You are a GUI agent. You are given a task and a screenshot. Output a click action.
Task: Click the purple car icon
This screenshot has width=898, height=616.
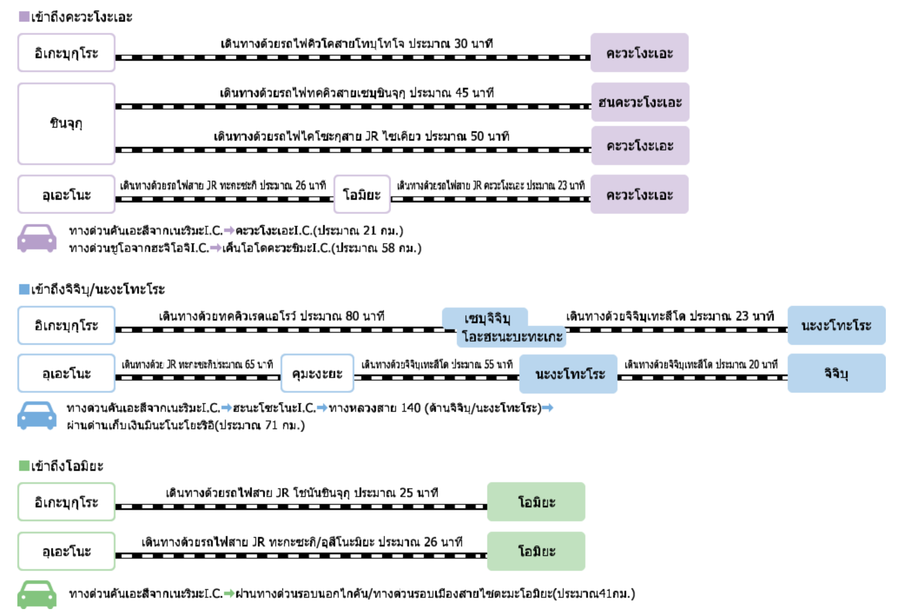pos(37,238)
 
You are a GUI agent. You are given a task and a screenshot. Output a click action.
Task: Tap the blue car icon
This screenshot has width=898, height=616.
pos(37,415)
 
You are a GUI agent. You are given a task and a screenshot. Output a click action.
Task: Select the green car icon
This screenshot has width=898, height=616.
pos(37,594)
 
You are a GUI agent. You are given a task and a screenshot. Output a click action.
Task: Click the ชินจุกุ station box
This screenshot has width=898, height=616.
pos(66,124)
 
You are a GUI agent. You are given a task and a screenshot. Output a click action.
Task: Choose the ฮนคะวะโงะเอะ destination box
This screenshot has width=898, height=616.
pos(640,103)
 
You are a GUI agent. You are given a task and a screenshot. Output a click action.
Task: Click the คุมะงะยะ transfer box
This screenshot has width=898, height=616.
pos(317,374)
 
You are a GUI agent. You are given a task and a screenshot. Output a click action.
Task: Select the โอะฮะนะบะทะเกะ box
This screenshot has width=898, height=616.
pos(512,337)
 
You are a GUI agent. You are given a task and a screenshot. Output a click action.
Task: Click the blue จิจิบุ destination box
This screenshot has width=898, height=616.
pos(836,374)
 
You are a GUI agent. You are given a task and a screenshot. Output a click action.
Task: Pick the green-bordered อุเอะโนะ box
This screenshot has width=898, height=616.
pos(66,551)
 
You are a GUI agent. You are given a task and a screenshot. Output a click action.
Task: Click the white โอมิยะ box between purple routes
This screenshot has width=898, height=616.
pos(362,194)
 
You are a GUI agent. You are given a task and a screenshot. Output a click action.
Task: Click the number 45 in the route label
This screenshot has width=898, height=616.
pos(462,93)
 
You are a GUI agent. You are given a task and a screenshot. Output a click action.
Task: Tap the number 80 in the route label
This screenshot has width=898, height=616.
pos(352,316)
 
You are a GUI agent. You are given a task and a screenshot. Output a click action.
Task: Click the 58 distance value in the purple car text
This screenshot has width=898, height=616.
pos(388,248)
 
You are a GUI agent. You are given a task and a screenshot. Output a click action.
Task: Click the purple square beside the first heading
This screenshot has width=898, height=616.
pos(24,17)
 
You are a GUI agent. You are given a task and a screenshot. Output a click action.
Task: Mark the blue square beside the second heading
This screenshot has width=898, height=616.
pos(24,289)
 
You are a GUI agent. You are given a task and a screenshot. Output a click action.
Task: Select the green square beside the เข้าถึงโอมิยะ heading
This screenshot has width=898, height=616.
pos(24,466)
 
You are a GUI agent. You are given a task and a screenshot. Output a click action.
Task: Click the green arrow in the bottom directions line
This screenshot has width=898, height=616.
pos(229,593)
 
